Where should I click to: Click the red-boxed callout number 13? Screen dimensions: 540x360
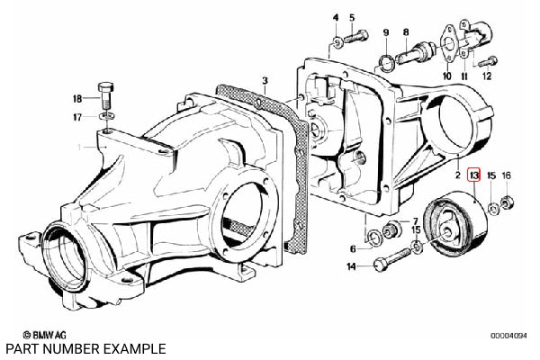click(474, 175)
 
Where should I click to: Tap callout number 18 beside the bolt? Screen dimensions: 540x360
click(77, 99)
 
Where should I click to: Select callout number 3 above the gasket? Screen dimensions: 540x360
click(265, 81)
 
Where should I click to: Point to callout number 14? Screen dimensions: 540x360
click(352, 266)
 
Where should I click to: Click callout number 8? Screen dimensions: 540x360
click(406, 32)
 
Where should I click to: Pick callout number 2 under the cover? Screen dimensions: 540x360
click(457, 175)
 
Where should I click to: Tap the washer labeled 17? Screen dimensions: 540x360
click(107, 116)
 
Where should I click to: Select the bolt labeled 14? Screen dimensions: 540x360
click(392, 259)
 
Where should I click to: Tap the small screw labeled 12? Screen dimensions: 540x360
click(488, 62)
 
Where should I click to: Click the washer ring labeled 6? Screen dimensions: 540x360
click(373, 238)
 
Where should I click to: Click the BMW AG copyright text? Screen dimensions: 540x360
click(44, 335)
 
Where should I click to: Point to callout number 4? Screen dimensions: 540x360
click(336, 18)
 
